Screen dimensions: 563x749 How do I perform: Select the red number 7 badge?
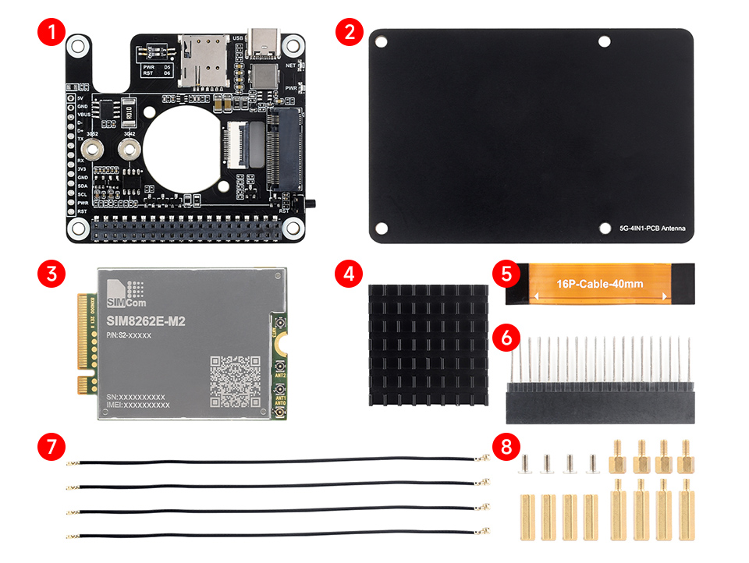pos(51,447)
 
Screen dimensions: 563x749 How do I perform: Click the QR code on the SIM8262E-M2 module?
pos(235,380)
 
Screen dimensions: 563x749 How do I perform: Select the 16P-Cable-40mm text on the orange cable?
pos(599,284)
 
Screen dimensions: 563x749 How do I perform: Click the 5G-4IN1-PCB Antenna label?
pos(652,228)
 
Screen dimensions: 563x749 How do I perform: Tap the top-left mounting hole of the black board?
pos(76,47)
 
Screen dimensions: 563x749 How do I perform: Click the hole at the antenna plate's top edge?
pos(604,41)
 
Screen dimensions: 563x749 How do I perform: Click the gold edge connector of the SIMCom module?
pos(83,343)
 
